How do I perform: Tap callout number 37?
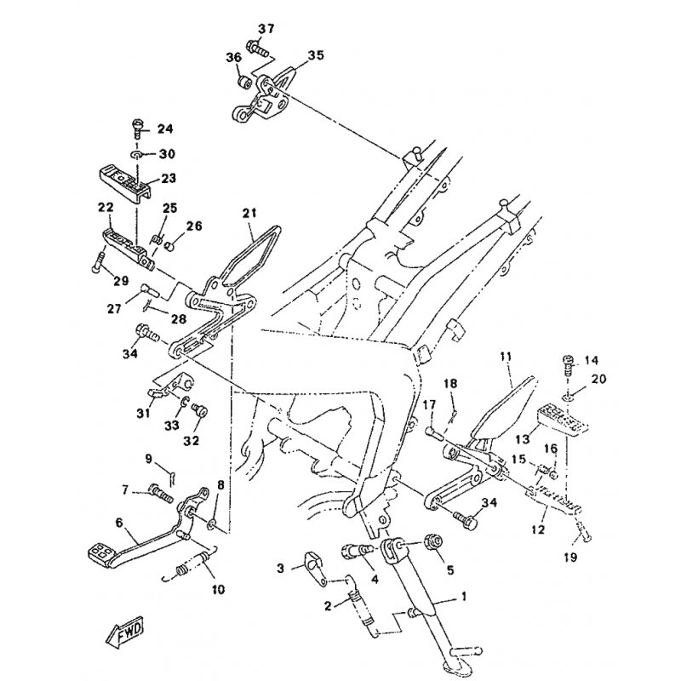pyautogui.click(x=266, y=29)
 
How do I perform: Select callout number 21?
pyautogui.click(x=249, y=212)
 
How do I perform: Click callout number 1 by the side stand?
pyautogui.click(x=464, y=596)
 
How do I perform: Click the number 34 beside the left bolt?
pyautogui.click(x=130, y=355)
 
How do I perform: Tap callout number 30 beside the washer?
pyautogui.click(x=167, y=154)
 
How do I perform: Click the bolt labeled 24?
pyautogui.click(x=139, y=129)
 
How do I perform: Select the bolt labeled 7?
pyautogui.click(x=160, y=491)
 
